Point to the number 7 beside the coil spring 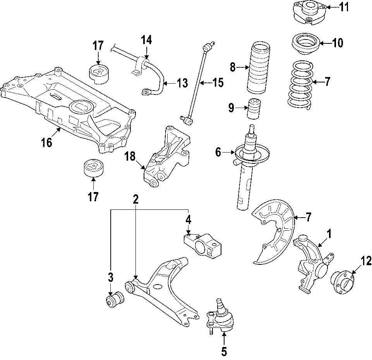click(327, 82)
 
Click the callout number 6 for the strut click(218, 153)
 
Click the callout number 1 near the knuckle click(329, 234)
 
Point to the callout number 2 click(135, 199)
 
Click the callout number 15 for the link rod click(218, 82)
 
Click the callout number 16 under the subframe click(46, 143)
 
